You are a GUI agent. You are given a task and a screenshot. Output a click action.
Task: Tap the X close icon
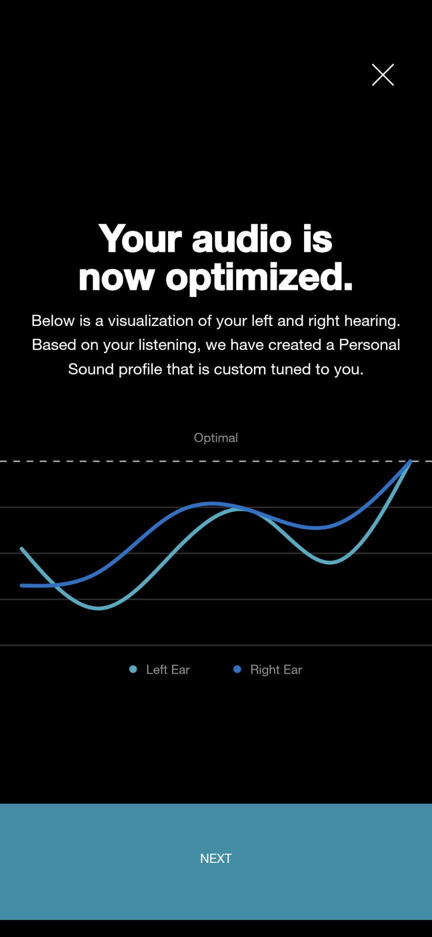pos(383,75)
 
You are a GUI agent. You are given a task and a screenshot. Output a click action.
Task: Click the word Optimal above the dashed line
pos(216,437)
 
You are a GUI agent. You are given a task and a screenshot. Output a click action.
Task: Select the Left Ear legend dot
pos(133,669)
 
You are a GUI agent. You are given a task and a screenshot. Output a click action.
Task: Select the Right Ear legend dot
pos(237,669)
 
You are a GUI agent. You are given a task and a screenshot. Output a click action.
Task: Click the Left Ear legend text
pos(168,670)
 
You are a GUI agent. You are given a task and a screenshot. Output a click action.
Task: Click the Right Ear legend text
pos(276,670)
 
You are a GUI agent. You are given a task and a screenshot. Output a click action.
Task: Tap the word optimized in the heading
pos(259,277)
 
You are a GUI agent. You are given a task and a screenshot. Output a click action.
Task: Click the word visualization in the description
pos(150,320)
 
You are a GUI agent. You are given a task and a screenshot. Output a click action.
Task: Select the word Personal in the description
pos(369,344)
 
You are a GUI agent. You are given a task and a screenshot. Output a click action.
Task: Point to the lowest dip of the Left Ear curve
pos(98,609)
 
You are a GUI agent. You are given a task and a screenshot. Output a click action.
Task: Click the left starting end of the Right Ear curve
pos(21,585)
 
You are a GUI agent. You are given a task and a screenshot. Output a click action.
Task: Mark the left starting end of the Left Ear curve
pos(21,549)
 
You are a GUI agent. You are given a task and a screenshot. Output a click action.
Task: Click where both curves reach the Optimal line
pos(410,461)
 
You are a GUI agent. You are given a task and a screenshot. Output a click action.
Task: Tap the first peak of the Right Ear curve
pos(211,504)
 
